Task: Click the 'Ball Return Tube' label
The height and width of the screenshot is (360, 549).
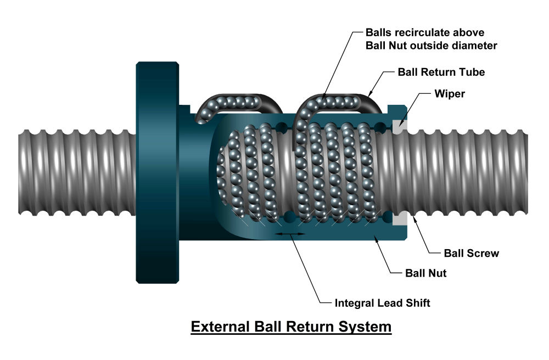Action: click(441, 72)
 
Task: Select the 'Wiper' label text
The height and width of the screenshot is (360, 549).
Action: click(450, 94)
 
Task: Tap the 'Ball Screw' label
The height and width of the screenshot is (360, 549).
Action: click(471, 253)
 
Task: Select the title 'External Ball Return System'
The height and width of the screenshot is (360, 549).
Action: click(291, 327)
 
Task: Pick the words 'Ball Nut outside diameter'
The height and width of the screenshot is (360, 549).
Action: click(431, 46)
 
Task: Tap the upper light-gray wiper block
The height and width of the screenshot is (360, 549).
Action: click(401, 125)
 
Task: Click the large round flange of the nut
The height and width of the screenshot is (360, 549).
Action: click(157, 172)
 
